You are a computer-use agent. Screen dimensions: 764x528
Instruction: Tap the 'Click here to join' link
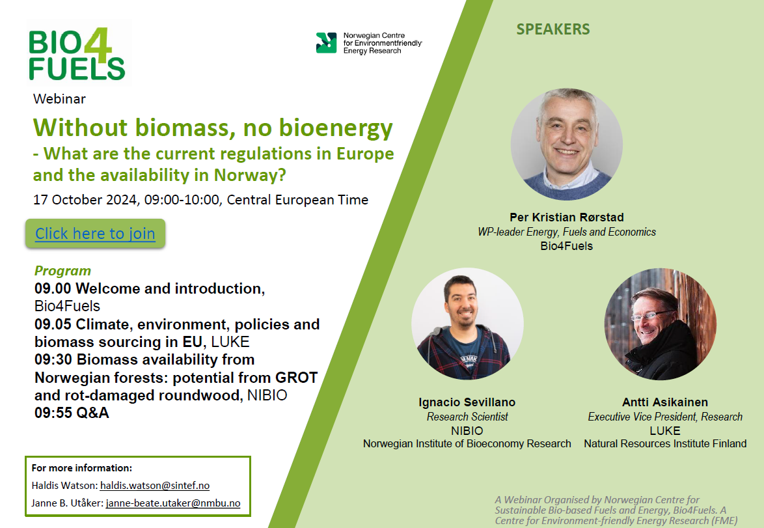coord(95,234)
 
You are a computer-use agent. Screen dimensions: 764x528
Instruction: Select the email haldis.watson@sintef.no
coord(155,486)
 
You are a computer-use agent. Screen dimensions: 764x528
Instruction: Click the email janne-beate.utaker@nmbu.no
coord(173,503)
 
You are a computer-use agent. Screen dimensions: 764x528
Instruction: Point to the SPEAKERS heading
coord(553,29)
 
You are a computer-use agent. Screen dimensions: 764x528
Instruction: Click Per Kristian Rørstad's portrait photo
coord(567,145)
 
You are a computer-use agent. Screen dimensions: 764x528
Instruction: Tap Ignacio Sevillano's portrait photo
coord(467,324)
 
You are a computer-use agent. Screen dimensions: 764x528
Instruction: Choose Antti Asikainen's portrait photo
coord(661,324)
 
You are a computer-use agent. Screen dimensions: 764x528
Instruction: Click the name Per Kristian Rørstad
coord(567,217)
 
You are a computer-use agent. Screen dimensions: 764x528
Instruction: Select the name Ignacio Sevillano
coord(467,402)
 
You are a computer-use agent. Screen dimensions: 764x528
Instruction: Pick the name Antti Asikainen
coord(665,402)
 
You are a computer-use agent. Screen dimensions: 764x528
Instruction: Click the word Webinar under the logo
coord(59,99)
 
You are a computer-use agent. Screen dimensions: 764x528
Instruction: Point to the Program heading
coord(63,271)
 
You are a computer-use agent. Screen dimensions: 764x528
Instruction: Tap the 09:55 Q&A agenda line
coord(72,413)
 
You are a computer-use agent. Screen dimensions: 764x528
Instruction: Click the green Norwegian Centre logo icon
coord(327,43)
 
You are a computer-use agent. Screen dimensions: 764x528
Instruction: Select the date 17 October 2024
coord(85,200)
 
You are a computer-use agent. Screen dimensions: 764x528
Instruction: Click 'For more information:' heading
coord(82,468)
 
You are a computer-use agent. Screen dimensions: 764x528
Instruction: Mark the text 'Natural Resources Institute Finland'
coord(665,443)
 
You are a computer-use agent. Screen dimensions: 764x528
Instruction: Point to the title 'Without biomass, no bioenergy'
coord(213,128)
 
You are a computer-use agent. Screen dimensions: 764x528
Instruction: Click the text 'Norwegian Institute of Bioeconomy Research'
coord(467,443)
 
